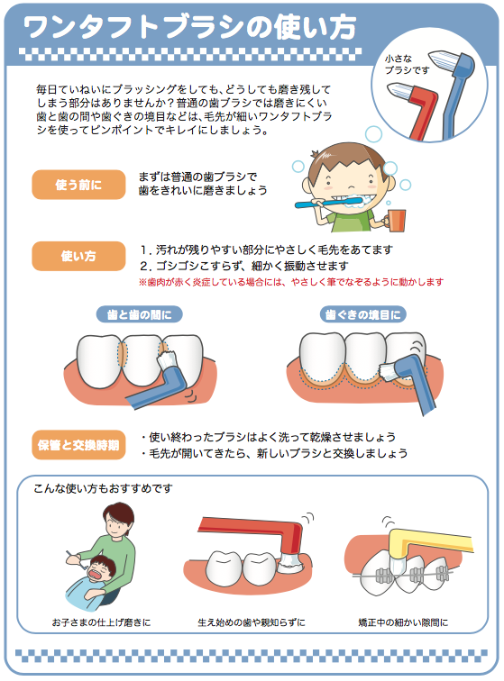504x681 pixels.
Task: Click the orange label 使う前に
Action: pos(78,185)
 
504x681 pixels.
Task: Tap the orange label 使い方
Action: pos(78,256)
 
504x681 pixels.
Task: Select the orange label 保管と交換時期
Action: pos(78,445)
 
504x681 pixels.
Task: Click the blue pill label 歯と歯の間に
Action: pos(139,314)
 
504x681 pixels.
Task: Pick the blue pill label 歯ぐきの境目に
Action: pos(363,314)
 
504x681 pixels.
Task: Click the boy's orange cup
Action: pos(396,221)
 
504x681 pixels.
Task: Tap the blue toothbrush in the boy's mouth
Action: pos(328,203)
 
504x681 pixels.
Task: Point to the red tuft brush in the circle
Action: pos(416,111)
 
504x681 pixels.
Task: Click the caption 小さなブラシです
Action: pos(405,64)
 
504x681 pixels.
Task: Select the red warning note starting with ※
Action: pos(291,282)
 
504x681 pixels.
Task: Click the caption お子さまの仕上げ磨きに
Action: pos(101,622)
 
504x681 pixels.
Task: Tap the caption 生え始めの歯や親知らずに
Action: pos(252,622)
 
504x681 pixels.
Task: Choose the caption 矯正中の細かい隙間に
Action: pos(403,622)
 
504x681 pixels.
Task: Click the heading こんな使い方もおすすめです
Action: pos(103,488)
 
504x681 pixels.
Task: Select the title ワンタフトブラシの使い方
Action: pos(189,27)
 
